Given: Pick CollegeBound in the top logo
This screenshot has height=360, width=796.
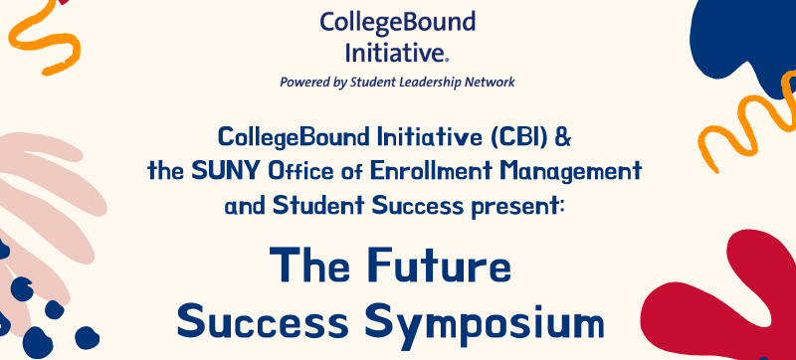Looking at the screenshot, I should pyautogui.click(x=398, y=21).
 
